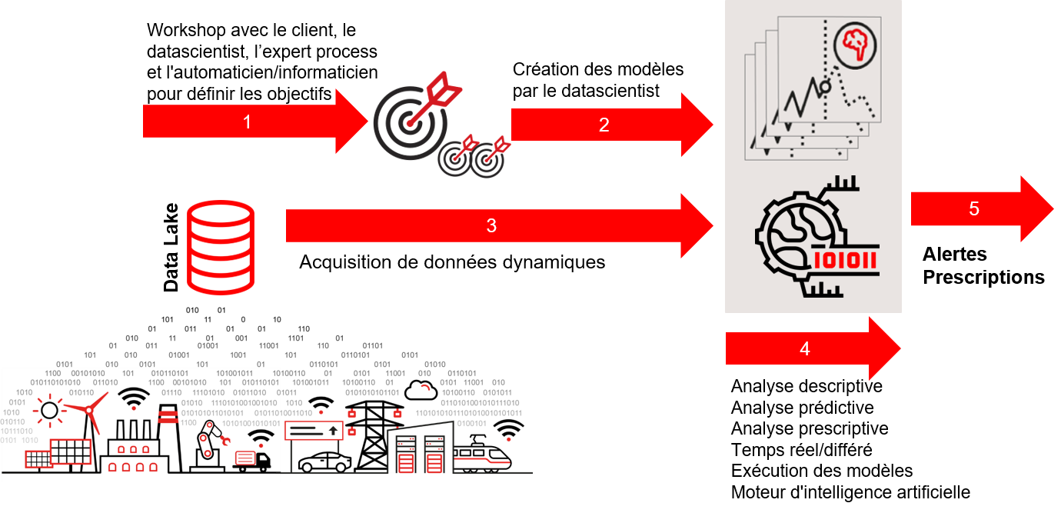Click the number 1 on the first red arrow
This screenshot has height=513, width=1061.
pyautogui.click(x=247, y=122)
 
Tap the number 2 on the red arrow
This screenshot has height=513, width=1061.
pyautogui.click(x=604, y=125)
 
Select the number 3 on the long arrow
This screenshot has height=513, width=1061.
pyautogui.click(x=491, y=225)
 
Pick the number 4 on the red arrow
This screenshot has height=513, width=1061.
pyautogui.click(x=805, y=348)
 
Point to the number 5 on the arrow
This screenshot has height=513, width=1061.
pyautogui.click(x=974, y=208)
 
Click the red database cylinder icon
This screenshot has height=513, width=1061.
pyautogui.click(x=221, y=247)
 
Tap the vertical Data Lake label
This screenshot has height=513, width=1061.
pyautogui.click(x=171, y=247)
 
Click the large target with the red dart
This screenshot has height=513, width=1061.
pyautogui.click(x=417, y=116)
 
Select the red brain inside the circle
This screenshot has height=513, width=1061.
pyautogui.click(x=855, y=45)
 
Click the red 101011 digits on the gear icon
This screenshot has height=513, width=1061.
pyautogui.click(x=845, y=260)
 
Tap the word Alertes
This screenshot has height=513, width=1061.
pyautogui.click(x=954, y=255)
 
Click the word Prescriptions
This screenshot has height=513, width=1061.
pyautogui.click(x=983, y=277)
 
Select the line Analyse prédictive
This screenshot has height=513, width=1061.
pyautogui.click(x=803, y=408)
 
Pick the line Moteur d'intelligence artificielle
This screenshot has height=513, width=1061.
pyautogui.click(x=850, y=492)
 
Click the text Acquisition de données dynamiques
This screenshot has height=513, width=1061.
pyautogui.click(x=452, y=262)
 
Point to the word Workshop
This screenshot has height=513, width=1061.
pyautogui.click(x=186, y=30)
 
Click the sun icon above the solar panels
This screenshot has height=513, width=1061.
pyautogui.click(x=49, y=410)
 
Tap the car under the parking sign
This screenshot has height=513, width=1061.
pyautogui.click(x=324, y=462)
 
